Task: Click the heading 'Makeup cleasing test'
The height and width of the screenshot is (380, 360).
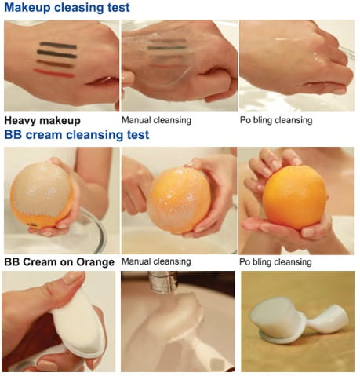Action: (67, 7)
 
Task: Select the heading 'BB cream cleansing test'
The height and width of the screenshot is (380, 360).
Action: (77, 135)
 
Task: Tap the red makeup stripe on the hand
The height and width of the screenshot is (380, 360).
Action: (54, 73)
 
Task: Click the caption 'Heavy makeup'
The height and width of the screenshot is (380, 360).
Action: (42, 121)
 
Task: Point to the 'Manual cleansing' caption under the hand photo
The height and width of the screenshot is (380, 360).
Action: (156, 120)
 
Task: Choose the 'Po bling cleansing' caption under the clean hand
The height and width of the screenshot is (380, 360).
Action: (276, 120)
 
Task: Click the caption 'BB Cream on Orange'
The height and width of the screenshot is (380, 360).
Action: (60, 262)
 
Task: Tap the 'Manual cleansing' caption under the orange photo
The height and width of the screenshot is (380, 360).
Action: (156, 261)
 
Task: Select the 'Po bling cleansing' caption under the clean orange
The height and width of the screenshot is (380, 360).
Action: (275, 262)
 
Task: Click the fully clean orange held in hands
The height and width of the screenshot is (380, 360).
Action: (295, 198)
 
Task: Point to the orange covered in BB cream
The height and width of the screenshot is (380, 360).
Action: (42, 195)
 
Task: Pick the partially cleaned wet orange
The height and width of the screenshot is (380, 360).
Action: (179, 200)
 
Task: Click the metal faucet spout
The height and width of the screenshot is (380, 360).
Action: (164, 283)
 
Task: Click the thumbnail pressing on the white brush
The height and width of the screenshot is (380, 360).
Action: (73, 277)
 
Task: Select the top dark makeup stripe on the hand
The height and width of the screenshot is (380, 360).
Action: (58, 46)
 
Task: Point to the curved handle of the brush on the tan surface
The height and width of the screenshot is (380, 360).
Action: (329, 318)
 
